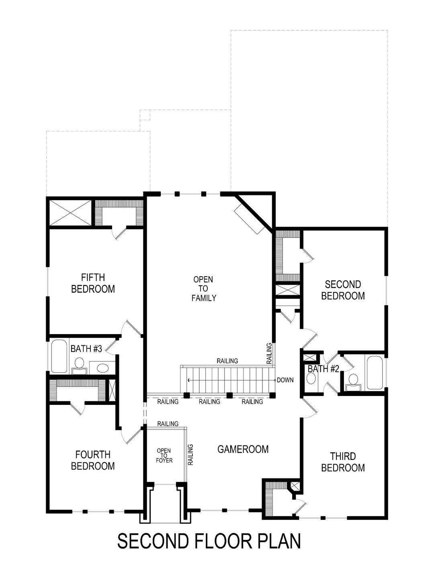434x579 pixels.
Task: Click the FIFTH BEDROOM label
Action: pyautogui.click(x=93, y=283)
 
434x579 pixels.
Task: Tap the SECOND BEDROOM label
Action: pyautogui.click(x=343, y=290)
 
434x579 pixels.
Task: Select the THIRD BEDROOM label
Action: pyautogui.click(x=343, y=462)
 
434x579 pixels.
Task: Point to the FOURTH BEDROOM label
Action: pyautogui.click(x=93, y=460)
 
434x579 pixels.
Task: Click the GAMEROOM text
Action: pyautogui.click(x=243, y=449)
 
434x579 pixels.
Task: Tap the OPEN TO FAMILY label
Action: pyautogui.click(x=203, y=289)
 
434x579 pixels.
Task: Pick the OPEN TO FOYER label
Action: pyautogui.click(x=164, y=456)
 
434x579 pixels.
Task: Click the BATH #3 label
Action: pyautogui.click(x=86, y=349)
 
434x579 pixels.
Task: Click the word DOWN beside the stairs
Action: pyautogui.click(x=285, y=380)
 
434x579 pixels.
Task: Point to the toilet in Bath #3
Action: pyautogui.click(x=79, y=364)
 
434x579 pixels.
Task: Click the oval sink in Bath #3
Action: pyautogui.click(x=103, y=368)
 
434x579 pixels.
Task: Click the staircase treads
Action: pyautogui.click(x=229, y=380)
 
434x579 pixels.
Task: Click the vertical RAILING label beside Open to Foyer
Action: pyautogui.click(x=190, y=454)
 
